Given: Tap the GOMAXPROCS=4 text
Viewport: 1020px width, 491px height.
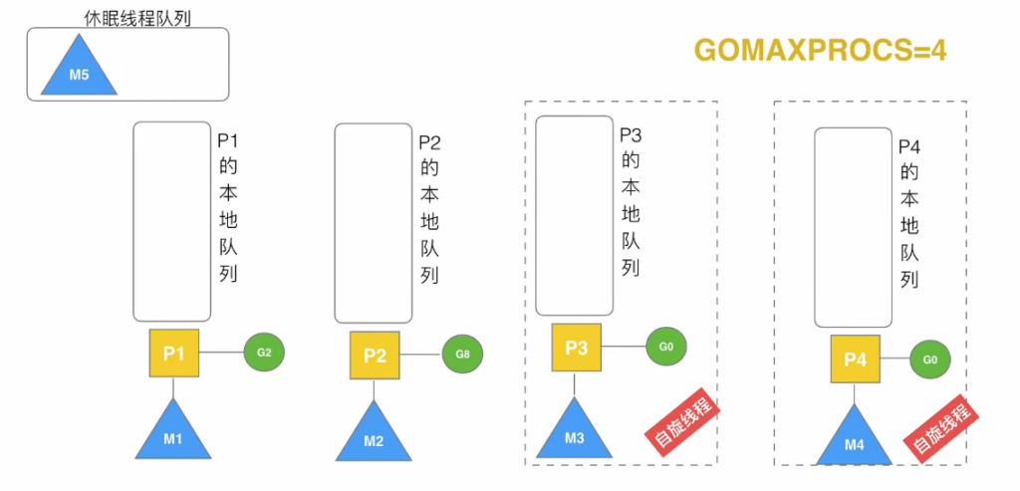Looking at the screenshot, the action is pyautogui.click(x=821, y=50).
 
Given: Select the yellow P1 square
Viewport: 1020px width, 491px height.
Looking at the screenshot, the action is pyautogui.click(x=174, y=354).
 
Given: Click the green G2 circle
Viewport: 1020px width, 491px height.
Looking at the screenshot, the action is pyautogui.click(x=264, y=353).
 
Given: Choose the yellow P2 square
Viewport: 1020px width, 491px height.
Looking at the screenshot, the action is pyautogui.click(x=375, y=356).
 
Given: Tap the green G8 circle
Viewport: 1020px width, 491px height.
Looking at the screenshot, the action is pyautogui.click(x=462, y=355).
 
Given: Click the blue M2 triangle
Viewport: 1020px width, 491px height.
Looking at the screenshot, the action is pyautogui.click(x=375, y=435).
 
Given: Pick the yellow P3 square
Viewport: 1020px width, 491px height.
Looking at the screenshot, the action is pyautogui.click(x=577, y=348).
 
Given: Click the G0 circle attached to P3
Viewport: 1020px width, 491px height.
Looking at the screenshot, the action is pyautogui.click(x=666, y=346).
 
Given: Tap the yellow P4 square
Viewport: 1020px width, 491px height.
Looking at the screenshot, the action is pyautogui.click(x=856, y=359).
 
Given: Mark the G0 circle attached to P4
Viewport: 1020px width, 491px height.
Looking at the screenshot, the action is pyautogui.click(x=930, y=359).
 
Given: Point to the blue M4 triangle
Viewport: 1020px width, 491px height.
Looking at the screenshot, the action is pyautogui.click(x=855, y=439).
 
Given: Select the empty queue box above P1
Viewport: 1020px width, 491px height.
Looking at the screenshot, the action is pyautogui.click(x=172, y=222).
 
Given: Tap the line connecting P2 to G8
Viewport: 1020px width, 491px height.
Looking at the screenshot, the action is pyautogui.click(x=421, y=356).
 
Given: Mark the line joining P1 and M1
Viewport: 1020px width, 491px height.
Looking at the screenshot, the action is pyautogui.click(x=173, y=388).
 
